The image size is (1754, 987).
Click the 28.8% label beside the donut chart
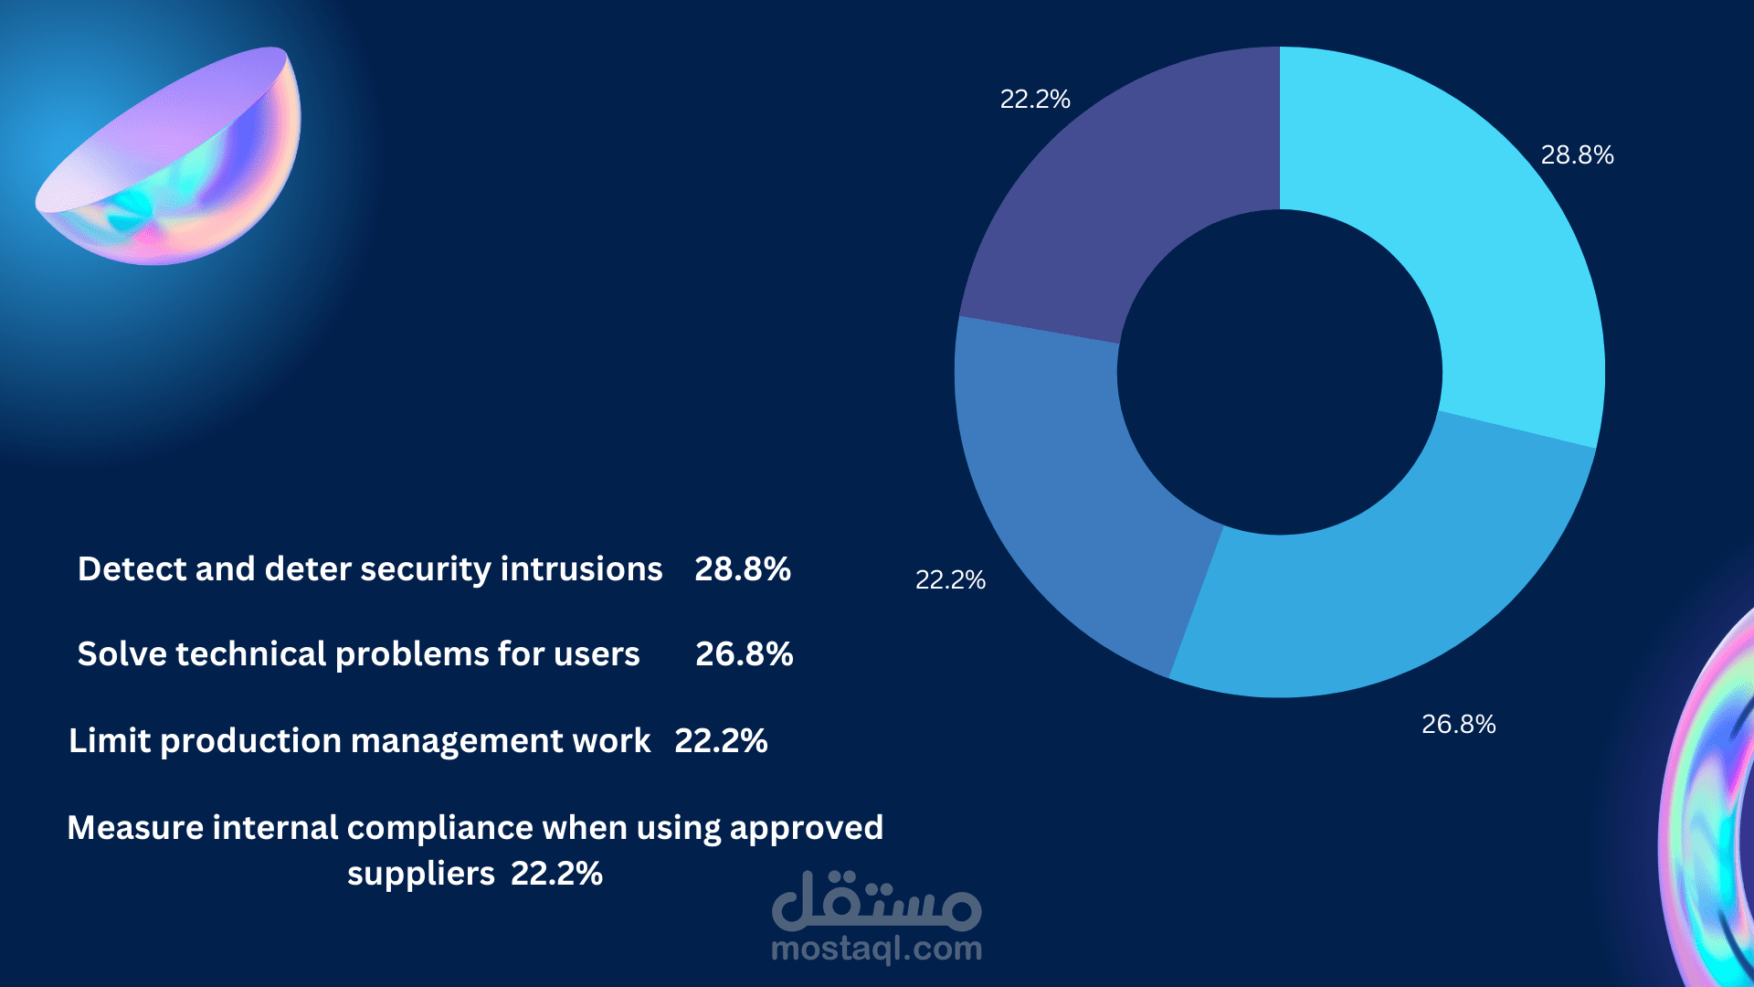1577,155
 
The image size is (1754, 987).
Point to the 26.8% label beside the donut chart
1458,725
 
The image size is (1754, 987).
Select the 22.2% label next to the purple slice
1034,100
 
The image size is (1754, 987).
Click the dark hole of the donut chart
1279,372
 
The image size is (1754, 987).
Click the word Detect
132,569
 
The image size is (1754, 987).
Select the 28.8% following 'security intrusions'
742,569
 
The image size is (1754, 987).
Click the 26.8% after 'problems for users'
744,654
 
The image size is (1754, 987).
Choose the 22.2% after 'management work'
721,741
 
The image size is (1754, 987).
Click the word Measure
135,828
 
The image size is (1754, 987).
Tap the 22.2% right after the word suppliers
556,874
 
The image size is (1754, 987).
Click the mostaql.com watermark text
876,950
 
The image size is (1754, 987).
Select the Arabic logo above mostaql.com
876,900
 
